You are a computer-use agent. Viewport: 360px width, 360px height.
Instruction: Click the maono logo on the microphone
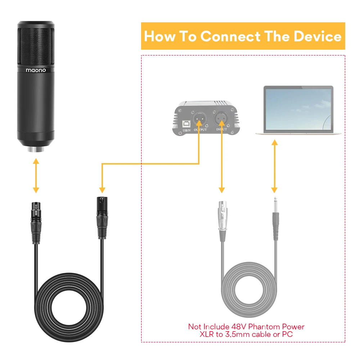[35, 70]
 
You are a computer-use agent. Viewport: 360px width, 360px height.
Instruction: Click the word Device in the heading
[317, 36]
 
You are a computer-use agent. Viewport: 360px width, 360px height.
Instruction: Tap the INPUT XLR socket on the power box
[221, 118]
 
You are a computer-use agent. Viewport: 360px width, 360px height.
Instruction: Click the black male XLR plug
[101, 212]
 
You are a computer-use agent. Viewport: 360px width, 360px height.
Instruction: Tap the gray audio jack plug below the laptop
[275, 220]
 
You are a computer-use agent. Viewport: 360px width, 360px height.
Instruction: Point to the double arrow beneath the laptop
[275, 166]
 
